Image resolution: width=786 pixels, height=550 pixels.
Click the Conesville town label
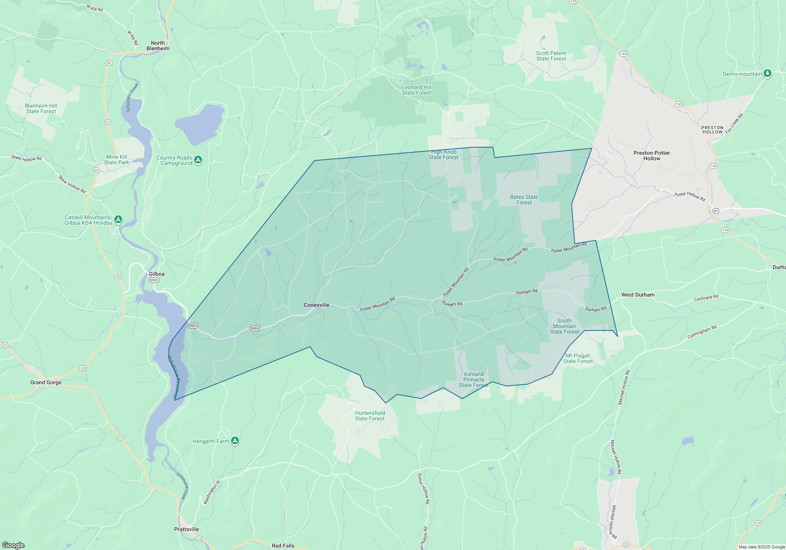(316, 305)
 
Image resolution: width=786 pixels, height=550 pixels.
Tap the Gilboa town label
(156, 274)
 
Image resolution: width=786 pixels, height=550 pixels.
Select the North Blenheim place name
(158, 46)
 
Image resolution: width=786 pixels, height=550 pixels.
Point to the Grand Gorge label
(46, 383)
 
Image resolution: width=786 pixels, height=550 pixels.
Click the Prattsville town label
(186, 530)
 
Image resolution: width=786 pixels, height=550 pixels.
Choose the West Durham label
(638, 295)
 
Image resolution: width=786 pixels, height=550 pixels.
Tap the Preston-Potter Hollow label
(652, 156)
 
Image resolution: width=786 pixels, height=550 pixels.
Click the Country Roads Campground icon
(198, 160)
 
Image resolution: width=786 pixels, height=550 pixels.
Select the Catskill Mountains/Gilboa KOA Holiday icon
(118, 220)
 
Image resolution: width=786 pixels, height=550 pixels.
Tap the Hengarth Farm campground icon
(235, 441)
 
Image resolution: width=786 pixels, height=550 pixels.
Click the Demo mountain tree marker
(767, 73)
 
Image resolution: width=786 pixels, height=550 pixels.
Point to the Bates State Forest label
(524, 200)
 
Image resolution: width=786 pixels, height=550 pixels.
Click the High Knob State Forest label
(443, 155)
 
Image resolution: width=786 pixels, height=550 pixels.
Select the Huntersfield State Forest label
(370, 416)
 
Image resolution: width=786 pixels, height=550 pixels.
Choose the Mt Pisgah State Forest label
(578, 359)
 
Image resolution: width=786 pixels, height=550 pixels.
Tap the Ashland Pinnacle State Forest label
(474, 380)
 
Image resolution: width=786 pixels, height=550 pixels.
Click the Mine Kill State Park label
(117, 160)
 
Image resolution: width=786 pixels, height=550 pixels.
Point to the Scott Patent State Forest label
(551, 56)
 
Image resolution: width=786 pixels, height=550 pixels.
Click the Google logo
(13, 545)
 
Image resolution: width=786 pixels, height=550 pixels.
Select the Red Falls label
(283, 546)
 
